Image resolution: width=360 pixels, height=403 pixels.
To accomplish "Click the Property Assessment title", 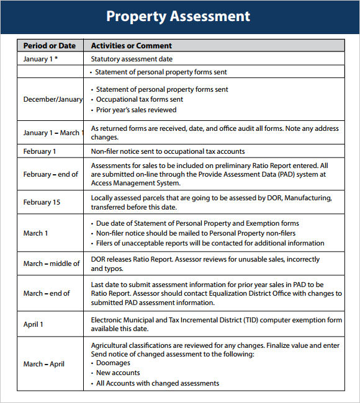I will [x=178, y=16].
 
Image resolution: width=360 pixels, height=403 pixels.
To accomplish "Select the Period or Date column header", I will [x=49, y=45].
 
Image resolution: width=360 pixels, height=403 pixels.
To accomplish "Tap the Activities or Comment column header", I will [x=131, y=45].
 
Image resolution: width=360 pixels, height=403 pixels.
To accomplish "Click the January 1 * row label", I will [x=41, y=59].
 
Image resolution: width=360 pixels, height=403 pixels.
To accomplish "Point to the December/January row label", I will [x=52, y=99].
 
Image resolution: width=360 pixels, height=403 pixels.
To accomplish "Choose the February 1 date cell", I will [x=40, y=151].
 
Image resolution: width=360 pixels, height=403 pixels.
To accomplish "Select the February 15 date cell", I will [x=42, y=202].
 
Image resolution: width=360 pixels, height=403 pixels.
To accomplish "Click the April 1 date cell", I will [x=34, y=324].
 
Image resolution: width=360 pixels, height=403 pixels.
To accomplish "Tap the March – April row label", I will [x=44, y=364].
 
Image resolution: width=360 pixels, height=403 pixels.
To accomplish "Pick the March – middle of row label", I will [x=52, y=263].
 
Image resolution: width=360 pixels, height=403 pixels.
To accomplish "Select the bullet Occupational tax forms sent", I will [x=139, y=99].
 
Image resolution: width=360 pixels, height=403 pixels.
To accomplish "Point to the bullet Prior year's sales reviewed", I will [x=136, y=110].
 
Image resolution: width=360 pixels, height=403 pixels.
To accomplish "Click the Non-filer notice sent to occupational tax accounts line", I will [x=168, y=151].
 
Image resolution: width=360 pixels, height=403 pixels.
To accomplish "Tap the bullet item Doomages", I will [x=113, y=363].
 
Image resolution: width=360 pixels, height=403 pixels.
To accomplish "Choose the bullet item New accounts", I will [x=117, y=373].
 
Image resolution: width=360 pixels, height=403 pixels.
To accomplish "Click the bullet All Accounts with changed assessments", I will [x=157, y=383].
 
